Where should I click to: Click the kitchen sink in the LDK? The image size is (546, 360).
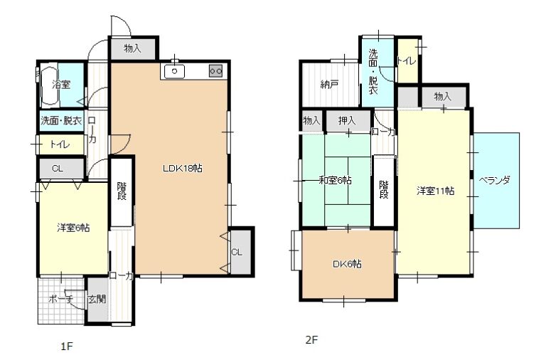point(174,71)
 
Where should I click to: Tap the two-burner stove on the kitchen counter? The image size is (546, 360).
point(216,71)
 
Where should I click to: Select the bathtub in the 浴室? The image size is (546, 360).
point(50,85)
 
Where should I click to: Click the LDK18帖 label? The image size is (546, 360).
point(183,169)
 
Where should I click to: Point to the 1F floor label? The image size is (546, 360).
point(67,346)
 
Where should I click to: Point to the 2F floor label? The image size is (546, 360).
point(312,339)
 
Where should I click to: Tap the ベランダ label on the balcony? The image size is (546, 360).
point(495,181)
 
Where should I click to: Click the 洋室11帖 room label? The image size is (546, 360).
point(435,191)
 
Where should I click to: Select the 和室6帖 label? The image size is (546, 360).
point(336,180)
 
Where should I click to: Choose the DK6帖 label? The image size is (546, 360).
point(347,264)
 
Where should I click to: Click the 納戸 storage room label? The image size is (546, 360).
point(329,85)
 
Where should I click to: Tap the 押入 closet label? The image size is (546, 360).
point(347,121)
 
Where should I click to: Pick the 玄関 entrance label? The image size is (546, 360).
point(97,299)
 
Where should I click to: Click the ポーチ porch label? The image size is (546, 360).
point(61,299)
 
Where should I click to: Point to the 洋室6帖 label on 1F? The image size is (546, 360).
point(73,228)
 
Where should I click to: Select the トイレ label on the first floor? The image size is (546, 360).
point(60,144)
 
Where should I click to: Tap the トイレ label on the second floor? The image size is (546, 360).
point(407,61)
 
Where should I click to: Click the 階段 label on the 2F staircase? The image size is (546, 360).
point(384,189)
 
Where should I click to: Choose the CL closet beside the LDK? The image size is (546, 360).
point(237,252)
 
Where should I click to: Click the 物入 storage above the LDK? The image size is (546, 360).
point(132,48)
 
